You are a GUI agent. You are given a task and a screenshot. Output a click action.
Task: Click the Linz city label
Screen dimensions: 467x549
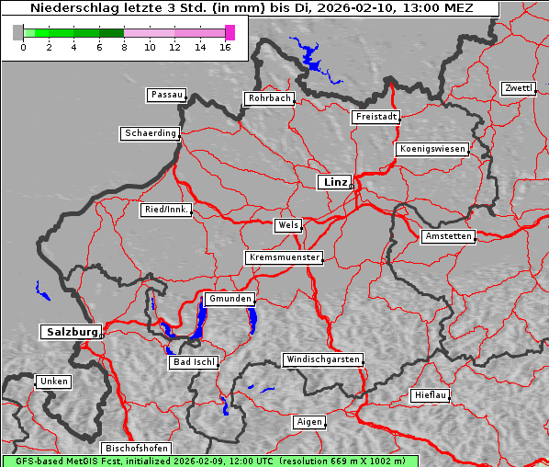(x=334, y=182)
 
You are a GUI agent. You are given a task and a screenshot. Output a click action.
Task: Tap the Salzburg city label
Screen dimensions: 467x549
(x=70, y=332)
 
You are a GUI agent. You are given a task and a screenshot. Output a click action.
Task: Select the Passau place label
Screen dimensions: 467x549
(x=166, y=95)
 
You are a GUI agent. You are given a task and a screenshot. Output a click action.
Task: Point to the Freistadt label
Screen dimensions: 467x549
(x=375, y=117)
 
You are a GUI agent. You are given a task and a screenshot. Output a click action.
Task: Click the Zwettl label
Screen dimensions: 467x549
(x=518, y=88)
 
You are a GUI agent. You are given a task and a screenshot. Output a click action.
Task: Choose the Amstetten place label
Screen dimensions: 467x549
(x=448, y=236)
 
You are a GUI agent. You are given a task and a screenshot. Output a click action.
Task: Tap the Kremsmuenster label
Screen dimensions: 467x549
(x=284, y=257)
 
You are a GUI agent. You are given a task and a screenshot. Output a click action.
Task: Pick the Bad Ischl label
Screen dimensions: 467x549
(x=194, y=362)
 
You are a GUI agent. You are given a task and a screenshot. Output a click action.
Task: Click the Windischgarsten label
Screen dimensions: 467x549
(x=321, y=359)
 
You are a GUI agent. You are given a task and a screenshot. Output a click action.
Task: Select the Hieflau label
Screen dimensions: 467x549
(x=431, y=395)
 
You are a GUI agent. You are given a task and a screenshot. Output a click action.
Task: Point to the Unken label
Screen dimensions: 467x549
(x=53, y=382)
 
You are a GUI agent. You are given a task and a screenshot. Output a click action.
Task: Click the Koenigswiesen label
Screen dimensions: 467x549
(x=432, y=149)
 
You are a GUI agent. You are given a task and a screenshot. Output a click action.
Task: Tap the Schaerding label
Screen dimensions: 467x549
(x=150, y=133)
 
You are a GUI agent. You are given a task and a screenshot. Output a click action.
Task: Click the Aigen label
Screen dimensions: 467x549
(x=309, y=422)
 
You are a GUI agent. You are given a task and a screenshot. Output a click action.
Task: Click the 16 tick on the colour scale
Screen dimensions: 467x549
(x=226, y=46)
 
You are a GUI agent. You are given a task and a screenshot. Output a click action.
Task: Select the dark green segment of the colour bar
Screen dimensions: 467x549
(x=111, y=32)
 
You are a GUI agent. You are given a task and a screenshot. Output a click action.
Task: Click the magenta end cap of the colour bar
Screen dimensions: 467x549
(x=230, y=32)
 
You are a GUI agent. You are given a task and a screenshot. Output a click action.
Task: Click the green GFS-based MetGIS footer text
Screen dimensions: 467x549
(x=209, y=461)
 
